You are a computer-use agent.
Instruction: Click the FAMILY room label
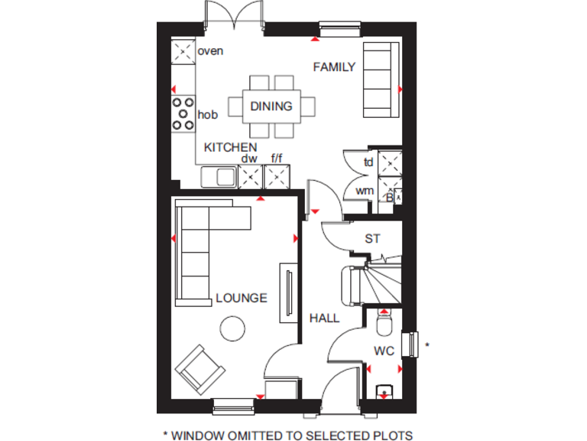tap(334, 67)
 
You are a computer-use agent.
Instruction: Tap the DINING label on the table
tap(271, 106)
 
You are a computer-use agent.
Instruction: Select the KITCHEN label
tap(230, 147)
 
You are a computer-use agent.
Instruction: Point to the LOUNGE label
tap(242, 298)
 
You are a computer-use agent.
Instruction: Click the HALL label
tap(324, 318)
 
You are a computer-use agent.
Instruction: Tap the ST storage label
tap(371, 239)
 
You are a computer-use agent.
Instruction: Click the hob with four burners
tap(183, 113)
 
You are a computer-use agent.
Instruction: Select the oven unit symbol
tap(183, 52)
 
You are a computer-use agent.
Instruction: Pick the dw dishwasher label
tap(249, 158)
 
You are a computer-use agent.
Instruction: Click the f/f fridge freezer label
tap(276, 158)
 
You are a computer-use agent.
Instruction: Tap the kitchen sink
tap(219, 178)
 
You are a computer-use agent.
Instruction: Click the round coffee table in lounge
tap(232, 329)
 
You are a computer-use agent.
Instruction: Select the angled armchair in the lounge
tap(200, 370)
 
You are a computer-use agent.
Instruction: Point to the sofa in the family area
tap(381, 77)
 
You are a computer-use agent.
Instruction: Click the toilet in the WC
tap(384, 327)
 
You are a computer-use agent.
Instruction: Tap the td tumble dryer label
tap(368, 162)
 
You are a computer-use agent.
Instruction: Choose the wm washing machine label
tap(365, 190)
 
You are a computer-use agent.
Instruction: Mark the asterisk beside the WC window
tap(427, 346)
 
